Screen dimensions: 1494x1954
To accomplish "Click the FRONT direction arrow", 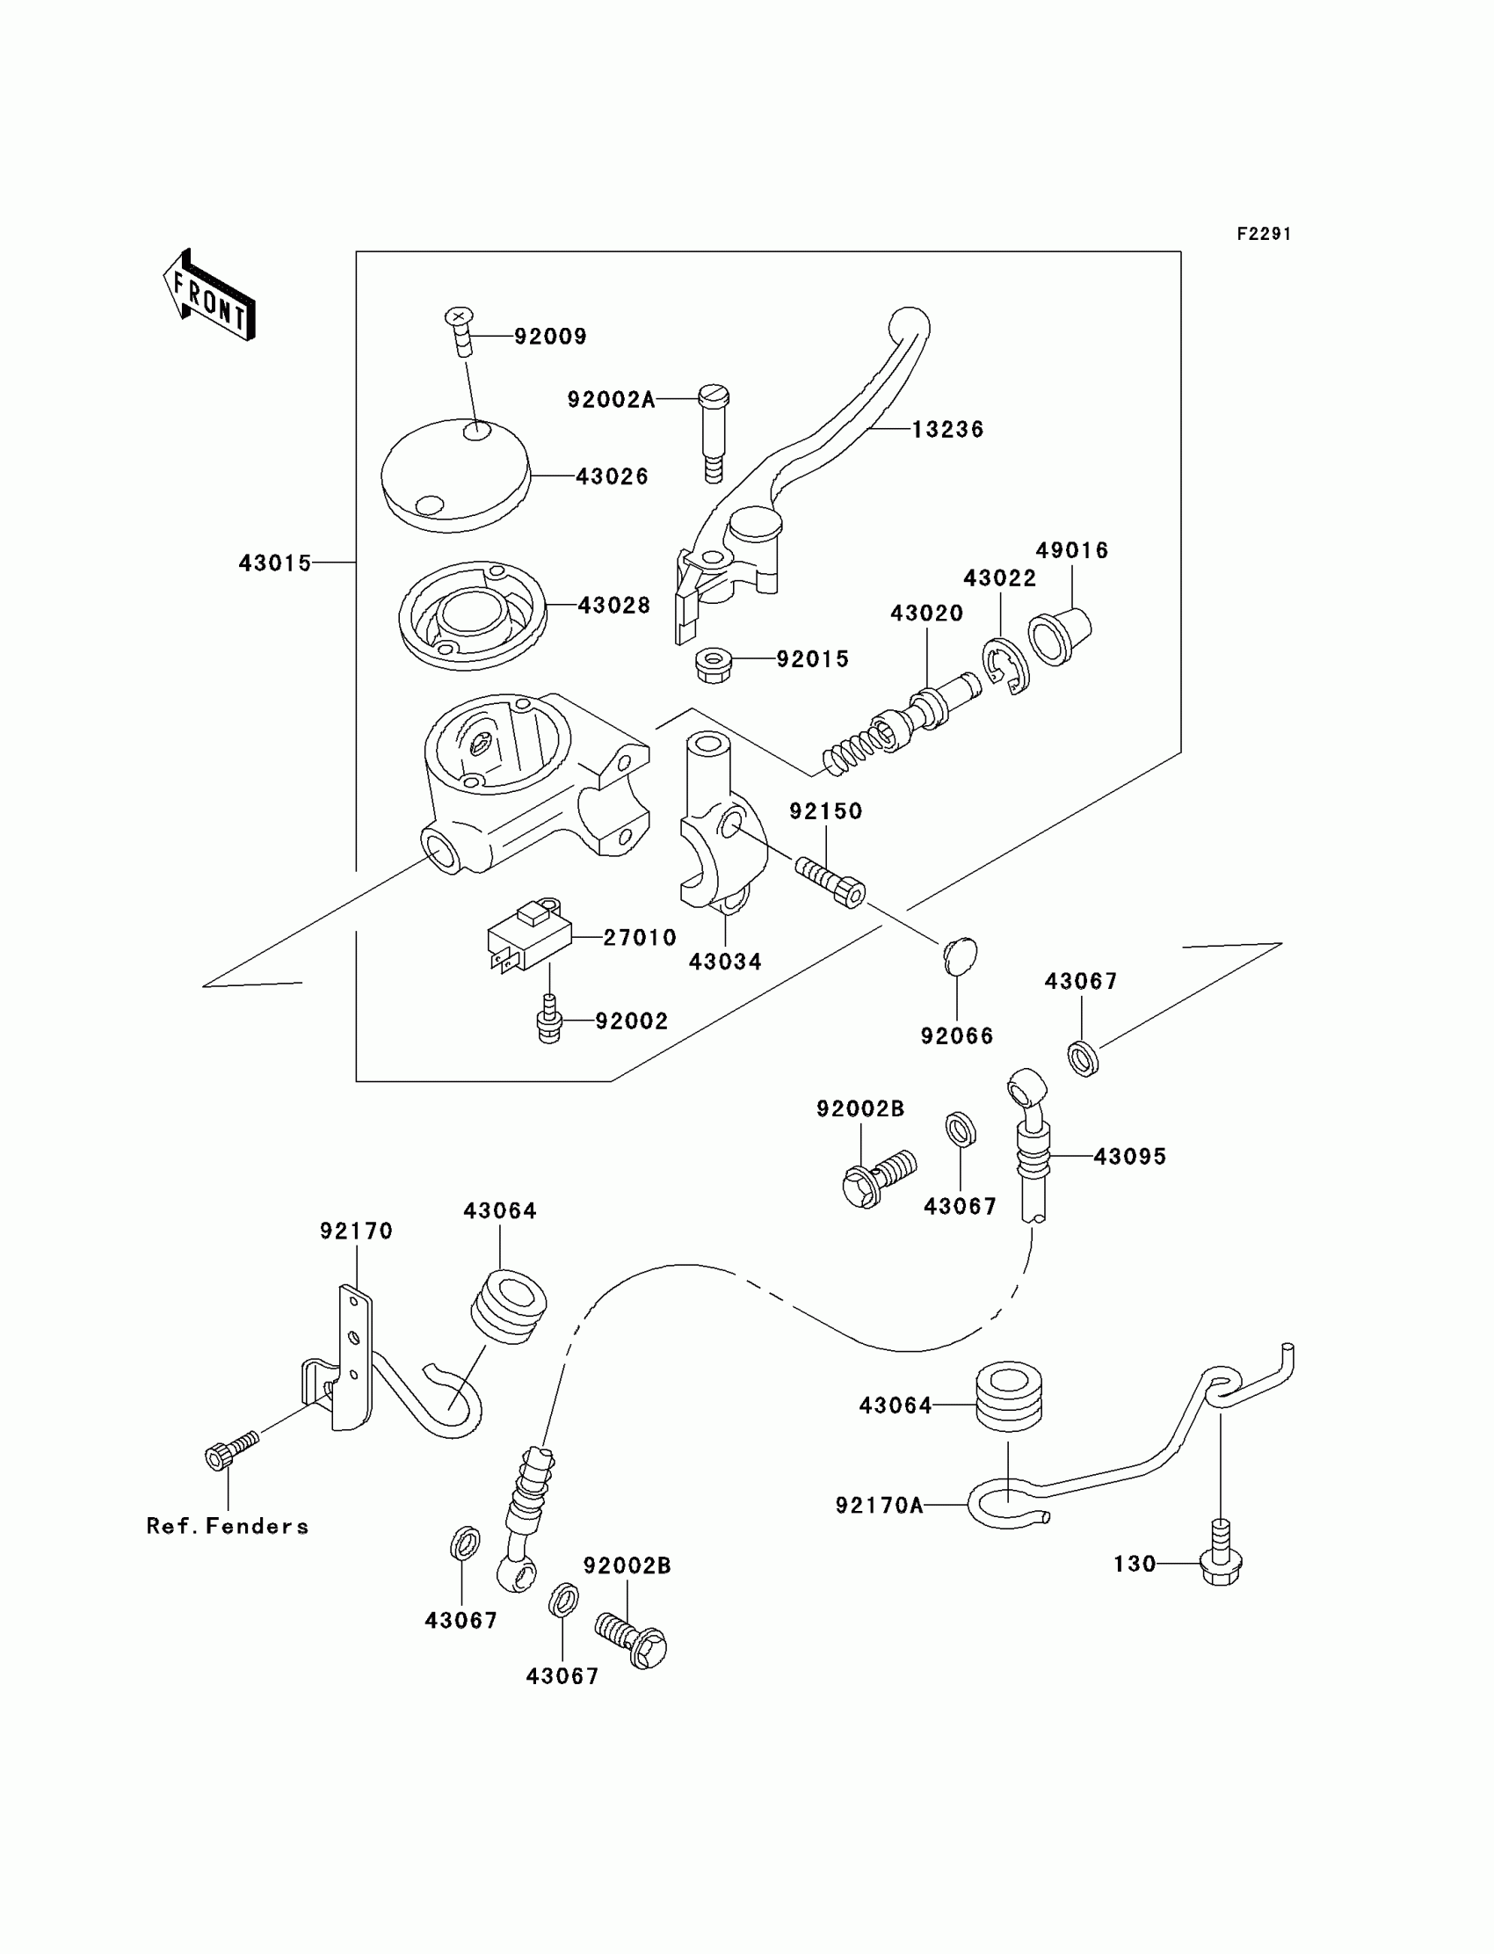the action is pos(209,295).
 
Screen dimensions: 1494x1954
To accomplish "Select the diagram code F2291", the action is pos(1264,234).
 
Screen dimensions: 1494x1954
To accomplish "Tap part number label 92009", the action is pos(550,336).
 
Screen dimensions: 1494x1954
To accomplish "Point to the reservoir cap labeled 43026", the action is pos(455,475).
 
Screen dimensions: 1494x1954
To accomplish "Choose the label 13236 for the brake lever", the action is pos(948,430).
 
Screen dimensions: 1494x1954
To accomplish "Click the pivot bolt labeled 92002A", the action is pos(714,433).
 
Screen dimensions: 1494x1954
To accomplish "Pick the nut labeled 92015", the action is pos(714,665).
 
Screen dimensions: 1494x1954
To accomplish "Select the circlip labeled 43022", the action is pos(1004,666).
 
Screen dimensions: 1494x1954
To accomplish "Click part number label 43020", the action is pos(926,613).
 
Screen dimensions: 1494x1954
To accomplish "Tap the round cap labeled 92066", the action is pos(960,956).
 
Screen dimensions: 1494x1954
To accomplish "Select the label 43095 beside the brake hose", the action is pos(1129,1156).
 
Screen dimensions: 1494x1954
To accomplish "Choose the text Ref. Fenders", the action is pos(228,1526).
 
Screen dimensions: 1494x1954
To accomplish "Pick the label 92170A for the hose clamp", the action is pos(880,1505).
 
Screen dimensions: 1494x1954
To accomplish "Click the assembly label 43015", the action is pos(275,563).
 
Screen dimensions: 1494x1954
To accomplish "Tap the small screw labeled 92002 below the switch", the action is pos(549,1021).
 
